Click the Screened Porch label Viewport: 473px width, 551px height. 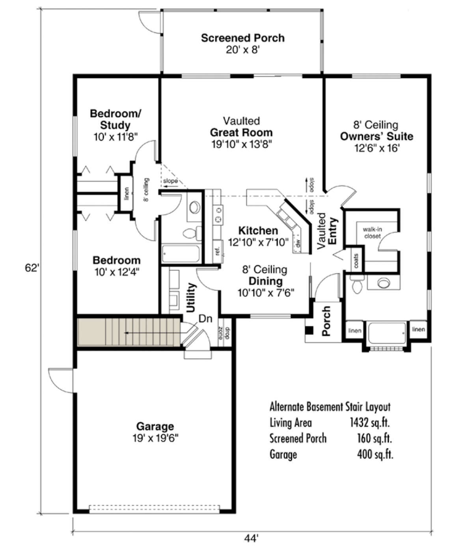click(243, 38)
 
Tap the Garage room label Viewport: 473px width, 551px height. click(155, 426)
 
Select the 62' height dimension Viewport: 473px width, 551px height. click(32, 268)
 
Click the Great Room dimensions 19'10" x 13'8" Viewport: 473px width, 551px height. click(242, 145)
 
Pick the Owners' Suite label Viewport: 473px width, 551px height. click(376, 136)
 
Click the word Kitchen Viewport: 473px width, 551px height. click(258, 231)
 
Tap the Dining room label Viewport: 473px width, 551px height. click(266, 281)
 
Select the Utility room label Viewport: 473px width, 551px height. click(191, 298)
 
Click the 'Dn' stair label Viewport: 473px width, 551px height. click(205, 319)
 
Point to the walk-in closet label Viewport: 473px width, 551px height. click(372, 233)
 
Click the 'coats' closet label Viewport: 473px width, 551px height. click(356, 261)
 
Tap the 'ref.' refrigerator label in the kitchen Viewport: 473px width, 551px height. click(218, 251)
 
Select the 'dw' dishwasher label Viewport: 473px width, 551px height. click(298, 243)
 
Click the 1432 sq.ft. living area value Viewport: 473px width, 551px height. click(370, 423)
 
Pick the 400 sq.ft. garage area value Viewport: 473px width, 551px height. click(375, 454)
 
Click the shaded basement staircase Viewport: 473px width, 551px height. click(128, 332)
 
